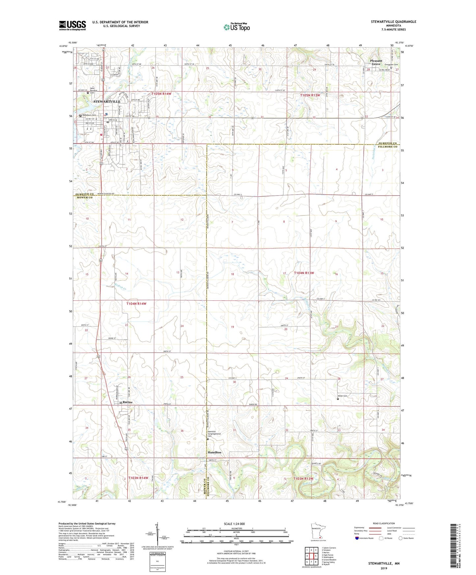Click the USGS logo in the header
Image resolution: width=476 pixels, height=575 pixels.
click(x=72, y=25)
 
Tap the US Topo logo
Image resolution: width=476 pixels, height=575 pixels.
click(x=236, y=27)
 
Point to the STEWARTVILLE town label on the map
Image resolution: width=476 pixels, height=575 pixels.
click(x=107, y=102)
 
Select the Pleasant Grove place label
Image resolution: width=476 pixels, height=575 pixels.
click(x=376, y=62)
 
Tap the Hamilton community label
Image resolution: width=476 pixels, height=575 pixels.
click(x=214, y=452)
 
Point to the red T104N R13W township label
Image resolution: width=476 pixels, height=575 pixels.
click(x=304, y=273)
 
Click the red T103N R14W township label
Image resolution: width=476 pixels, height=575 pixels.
click(x=138, y=478)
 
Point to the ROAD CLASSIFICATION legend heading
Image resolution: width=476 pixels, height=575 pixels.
click(x=384, y=523)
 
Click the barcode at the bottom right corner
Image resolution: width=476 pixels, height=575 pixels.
click(x=454, y=547)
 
